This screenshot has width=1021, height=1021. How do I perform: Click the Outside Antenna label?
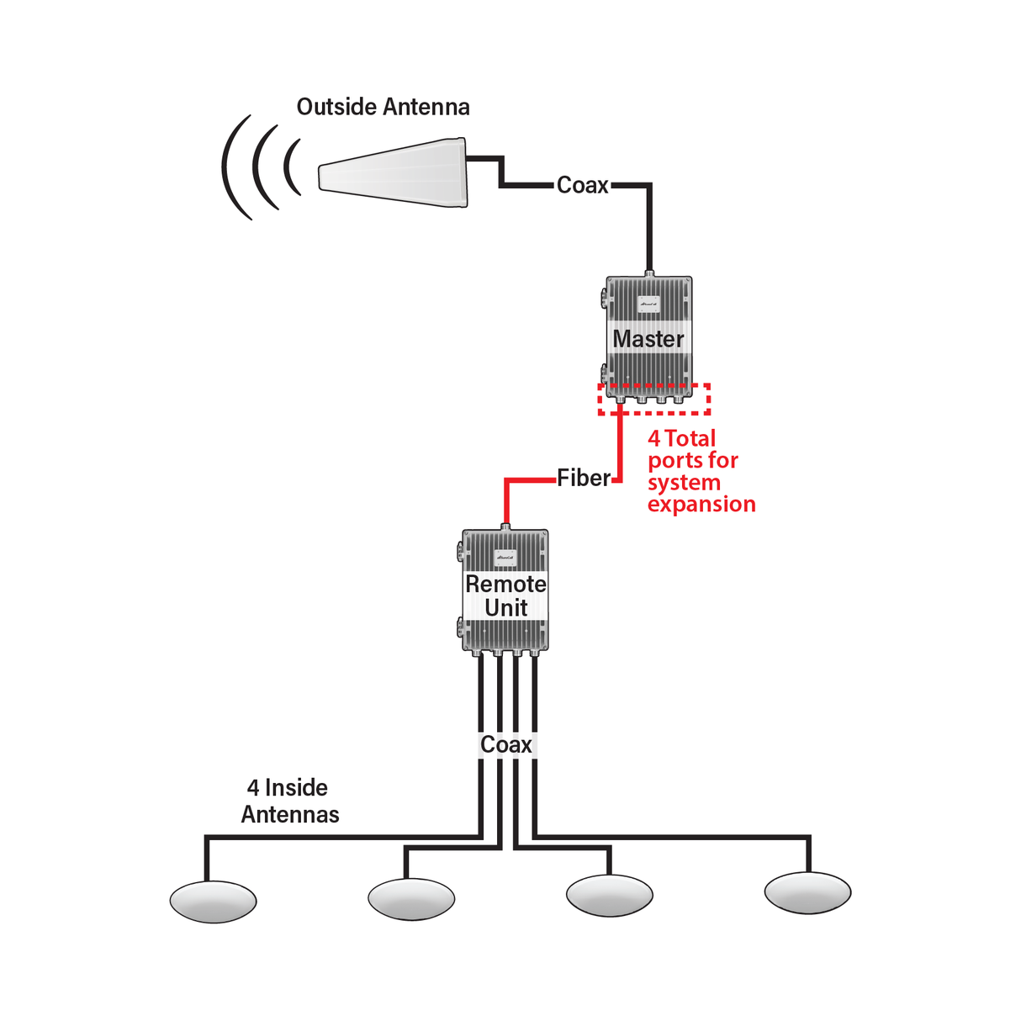coord(383,107)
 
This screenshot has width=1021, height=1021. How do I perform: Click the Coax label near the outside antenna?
coord(582,185)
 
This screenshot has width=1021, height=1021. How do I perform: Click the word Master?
coord(648,339)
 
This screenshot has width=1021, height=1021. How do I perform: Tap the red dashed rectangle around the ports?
coord(654,411)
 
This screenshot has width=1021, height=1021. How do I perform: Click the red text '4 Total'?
coord(681,438)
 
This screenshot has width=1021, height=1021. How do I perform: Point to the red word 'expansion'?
coord(701,504)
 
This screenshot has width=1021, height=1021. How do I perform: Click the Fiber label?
coord(584,478)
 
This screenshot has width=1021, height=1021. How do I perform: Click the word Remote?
coord(505,584)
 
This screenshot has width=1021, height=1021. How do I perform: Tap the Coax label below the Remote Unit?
coord(505,744)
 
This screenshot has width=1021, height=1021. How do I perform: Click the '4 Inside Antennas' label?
coord(289,801)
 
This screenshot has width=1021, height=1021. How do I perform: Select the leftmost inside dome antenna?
coord(213,902)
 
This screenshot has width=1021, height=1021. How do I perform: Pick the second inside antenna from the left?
coord(411,899)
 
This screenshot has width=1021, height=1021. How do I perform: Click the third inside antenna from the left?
coord(610,895)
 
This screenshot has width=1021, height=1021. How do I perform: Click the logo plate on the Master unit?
coord(648,304)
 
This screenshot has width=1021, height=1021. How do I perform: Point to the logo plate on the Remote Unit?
coord(505,557)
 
